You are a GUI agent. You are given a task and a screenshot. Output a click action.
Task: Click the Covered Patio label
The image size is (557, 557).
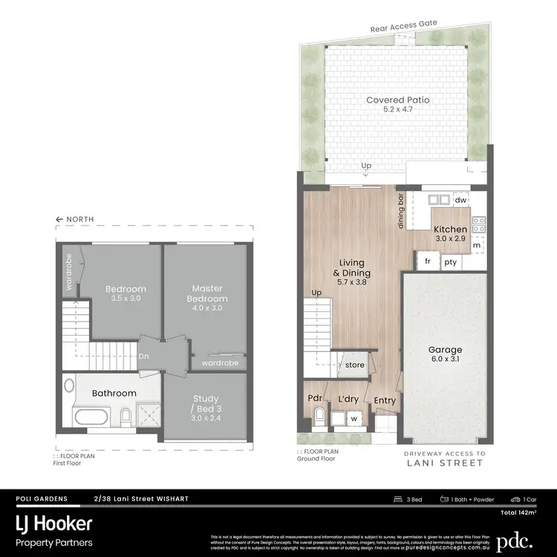[397, 100]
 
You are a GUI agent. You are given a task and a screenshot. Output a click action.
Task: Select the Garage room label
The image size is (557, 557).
[445, 350]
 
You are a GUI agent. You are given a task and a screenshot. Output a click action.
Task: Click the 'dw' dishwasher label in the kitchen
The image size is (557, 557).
[460, 199]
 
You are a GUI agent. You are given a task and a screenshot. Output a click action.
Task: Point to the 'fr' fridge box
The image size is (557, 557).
[428, 262]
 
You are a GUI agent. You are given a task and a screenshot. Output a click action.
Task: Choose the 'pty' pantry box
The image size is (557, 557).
[450, 262]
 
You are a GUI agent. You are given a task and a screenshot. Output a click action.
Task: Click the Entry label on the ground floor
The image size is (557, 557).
[385, 401]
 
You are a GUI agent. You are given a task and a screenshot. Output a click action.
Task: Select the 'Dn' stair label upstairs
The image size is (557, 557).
[143, 356]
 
